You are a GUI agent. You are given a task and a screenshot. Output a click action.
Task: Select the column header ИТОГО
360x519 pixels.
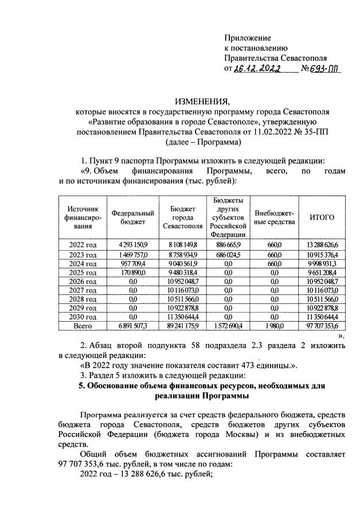coord(322,217)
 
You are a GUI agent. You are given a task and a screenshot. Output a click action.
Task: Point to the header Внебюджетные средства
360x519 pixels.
coord(274,217)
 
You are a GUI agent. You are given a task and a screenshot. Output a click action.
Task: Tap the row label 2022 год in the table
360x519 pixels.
coord(83,245)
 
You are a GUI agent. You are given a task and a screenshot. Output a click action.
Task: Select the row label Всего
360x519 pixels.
coord(83,325)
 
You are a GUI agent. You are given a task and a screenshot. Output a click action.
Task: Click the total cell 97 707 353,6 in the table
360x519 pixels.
coord(322,325)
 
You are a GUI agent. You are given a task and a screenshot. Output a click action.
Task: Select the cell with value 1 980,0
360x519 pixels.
coord(274,325)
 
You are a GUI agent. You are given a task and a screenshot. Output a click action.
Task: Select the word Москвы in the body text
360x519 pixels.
coord(205,434)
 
